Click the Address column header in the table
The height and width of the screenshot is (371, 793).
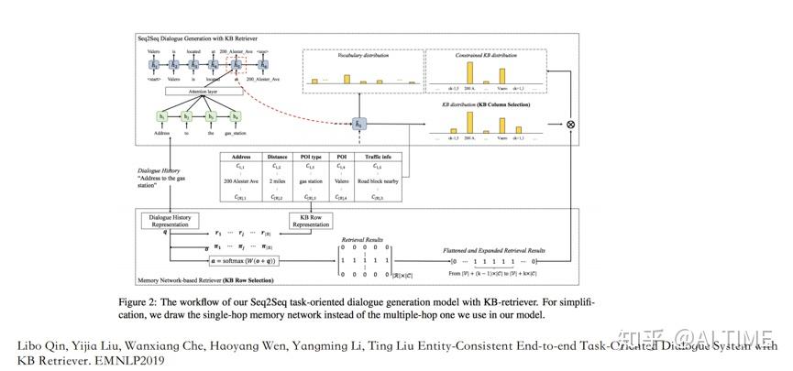[x=241, y=156]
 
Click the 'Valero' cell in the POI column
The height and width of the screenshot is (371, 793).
[x=341, y=183]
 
